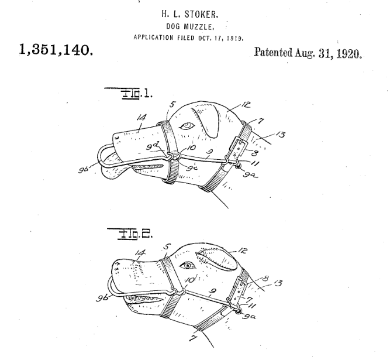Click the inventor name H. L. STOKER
point(190,14)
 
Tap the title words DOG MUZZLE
point(190,26)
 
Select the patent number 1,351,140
point(56,49)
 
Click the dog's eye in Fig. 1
point(187,126)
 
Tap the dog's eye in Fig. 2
point(187,266)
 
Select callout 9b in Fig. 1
point(84,170)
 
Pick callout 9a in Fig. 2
point(249,317)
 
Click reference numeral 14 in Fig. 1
point(141,118)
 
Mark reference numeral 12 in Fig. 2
point(242,250)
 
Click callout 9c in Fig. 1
point(192,168)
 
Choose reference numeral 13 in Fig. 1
point(280,135)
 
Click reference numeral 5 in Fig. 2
point(167,247)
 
